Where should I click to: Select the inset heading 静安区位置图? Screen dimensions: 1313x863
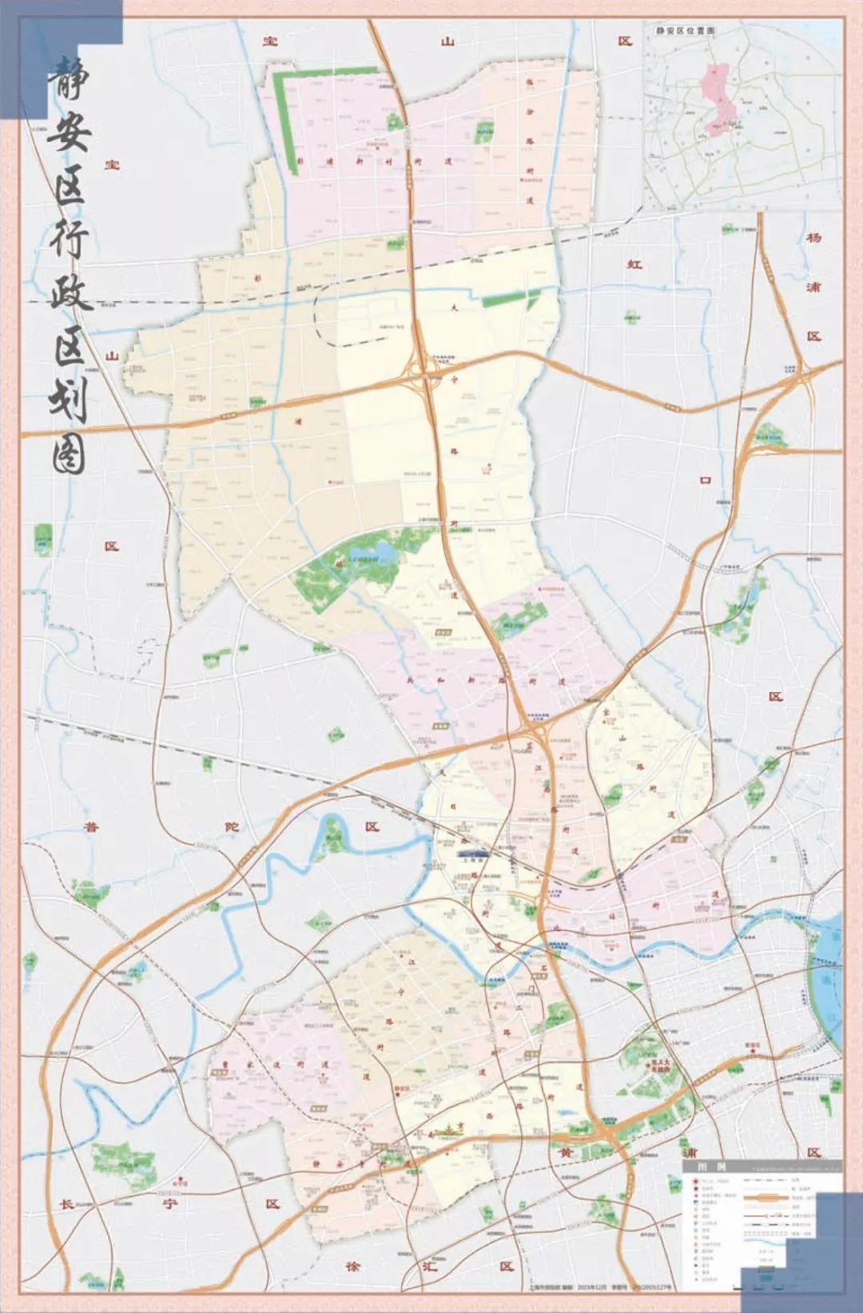pos(685,30)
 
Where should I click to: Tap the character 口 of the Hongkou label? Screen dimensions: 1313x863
pos(705,480)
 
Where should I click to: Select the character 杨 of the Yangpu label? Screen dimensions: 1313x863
pos(813,237)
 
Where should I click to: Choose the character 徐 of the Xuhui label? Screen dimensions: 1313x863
pos(353,1267)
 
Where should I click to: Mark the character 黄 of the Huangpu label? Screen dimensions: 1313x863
pos(564,1152)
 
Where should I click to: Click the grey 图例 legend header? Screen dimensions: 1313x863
pos(701,1167)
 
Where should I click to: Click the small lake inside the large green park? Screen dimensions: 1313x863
pos(380,551)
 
